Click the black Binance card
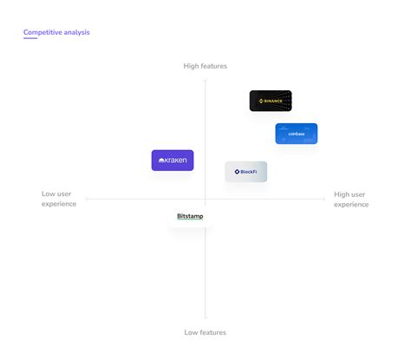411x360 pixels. (271, 101)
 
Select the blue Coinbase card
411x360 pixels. (297, 134)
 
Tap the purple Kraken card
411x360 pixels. (173, 160)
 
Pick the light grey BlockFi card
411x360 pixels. (246, 172)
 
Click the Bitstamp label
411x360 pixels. (190, 215)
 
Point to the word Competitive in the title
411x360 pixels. (42, 32)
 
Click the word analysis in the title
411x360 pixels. (76, 32)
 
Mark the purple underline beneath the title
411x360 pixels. (30, 39)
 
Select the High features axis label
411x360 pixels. (205, 66)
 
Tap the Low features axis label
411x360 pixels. (205, 332)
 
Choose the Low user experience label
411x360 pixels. (59, 199)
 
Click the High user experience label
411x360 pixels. (351, 199)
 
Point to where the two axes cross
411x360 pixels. (205, 199)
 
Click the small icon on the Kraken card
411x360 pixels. (162, 160)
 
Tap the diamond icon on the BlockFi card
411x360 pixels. (237, 172)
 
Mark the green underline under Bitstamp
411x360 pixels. (190, 220)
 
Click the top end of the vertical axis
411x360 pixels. (205, 79)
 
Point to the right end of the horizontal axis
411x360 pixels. (324, 199)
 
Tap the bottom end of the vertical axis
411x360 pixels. (205, 318)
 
